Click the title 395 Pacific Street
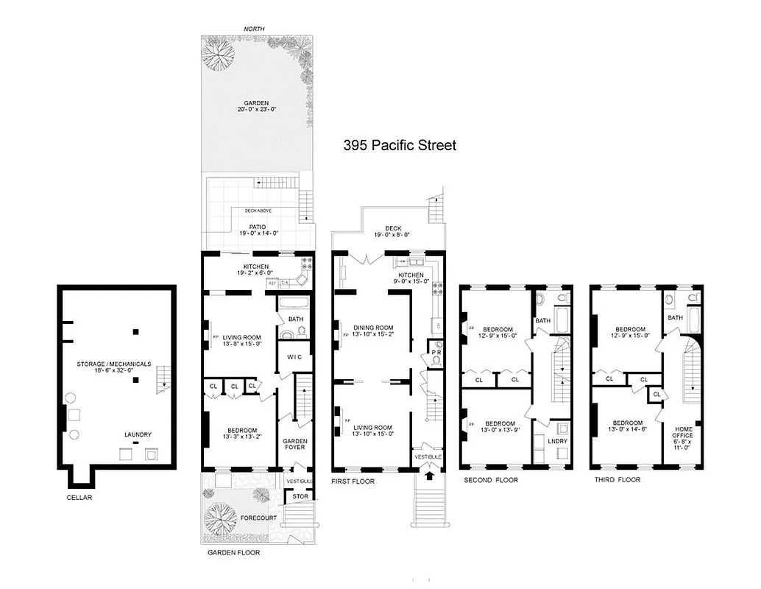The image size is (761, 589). [400, 145]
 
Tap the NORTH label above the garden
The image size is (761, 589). [255, 29]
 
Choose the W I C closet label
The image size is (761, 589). [294, 358]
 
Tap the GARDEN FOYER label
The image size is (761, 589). [295, 445]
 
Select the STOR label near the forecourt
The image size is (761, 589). [299, 497]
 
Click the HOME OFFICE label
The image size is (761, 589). [682, 440]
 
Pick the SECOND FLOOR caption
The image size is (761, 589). [490, 480]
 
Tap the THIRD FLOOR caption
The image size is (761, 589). [617, 480]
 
